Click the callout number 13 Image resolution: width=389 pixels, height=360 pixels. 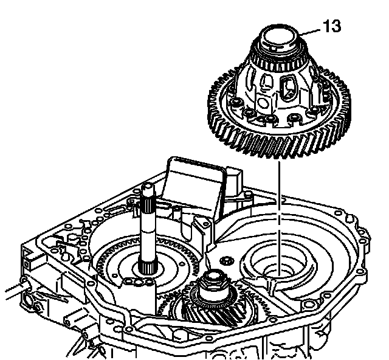[332, 26]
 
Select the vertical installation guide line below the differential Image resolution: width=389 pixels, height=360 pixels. [280, 218]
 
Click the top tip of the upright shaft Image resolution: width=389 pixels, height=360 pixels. [147, 185]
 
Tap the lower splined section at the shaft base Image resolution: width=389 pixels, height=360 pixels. [147, 266]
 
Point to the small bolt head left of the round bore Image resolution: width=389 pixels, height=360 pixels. [227, 260]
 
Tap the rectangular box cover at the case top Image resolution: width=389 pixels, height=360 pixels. [196, 185]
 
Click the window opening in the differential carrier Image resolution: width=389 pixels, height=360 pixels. [287, 88]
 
